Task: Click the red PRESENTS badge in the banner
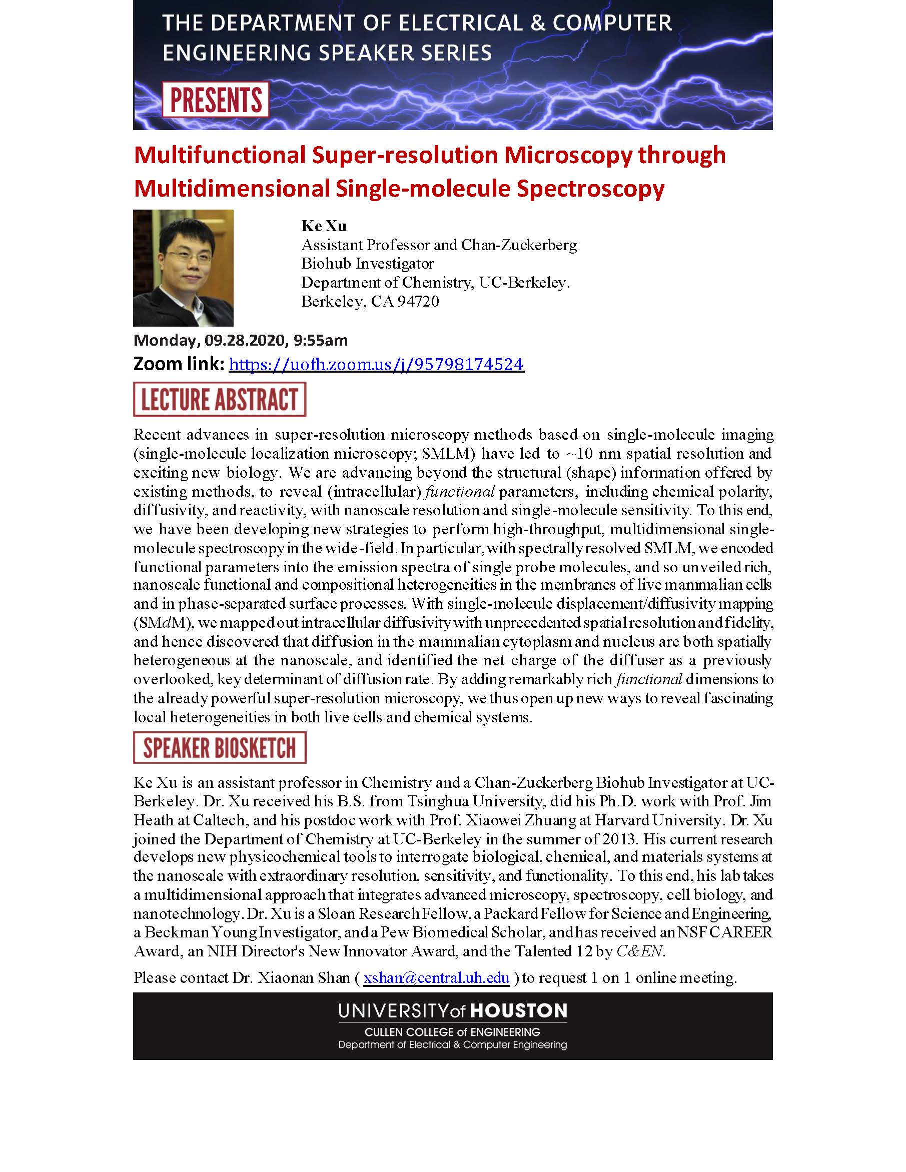click(215, 100)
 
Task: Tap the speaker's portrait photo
click(183, 267)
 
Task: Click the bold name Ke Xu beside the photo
click(324, 226)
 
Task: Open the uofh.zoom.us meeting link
click(376, 364)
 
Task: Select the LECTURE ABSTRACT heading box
click(220, 399)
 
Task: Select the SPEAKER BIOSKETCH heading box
click(220, 747)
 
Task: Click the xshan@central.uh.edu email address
click(436, 978)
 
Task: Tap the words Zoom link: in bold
click(179, 364)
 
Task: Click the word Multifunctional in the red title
click(220, 155)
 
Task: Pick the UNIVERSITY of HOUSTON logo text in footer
click(452, 1011)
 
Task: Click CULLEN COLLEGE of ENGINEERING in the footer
click(452, 1032)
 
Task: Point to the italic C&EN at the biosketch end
click(640, 951)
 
